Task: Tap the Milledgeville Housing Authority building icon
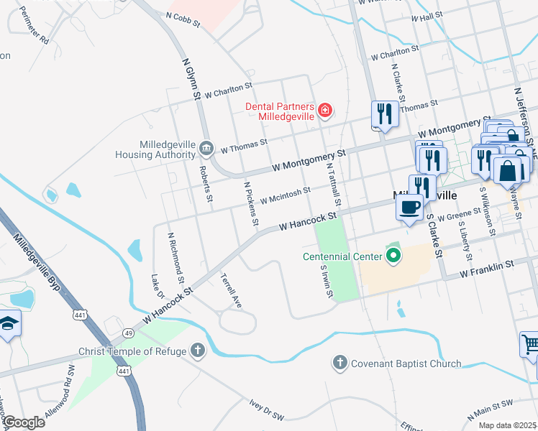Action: click(206, 149)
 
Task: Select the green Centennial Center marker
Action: click(393, 256)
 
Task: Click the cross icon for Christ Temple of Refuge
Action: click(198, 351)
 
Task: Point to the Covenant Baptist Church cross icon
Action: click(341, 363)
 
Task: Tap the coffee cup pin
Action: click(410, 208)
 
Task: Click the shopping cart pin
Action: click(529, 346)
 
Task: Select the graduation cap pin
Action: click(9, 324)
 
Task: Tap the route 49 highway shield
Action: click(127, 333)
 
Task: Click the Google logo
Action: click(23, 422)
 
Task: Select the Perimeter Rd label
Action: click(34, 26)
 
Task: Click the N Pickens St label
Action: click(250, 205)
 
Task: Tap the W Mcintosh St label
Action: click(285, 195)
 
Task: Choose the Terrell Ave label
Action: click(231, 289)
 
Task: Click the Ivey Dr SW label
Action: click(267, 410)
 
